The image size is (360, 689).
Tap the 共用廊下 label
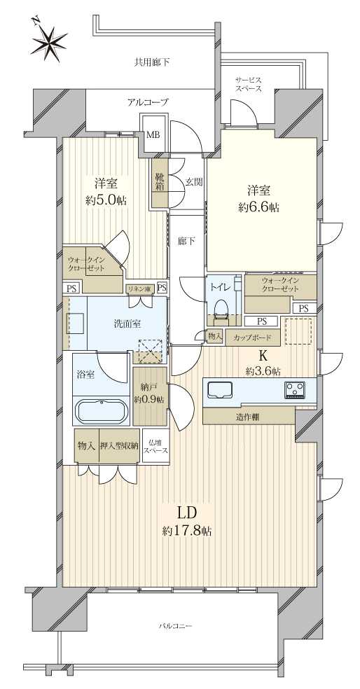(x=151, y=62)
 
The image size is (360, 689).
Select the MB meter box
(x=153, y=134)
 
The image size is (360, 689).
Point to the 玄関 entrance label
(x=193, y=181)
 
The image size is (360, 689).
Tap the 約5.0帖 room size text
(x=106, y=200)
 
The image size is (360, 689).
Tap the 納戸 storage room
(x=150, y=396)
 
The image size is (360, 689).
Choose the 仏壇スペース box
(x=155, y=445)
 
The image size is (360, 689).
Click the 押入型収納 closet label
(x=120, y=445)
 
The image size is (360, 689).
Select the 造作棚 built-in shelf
(x=249, y=416)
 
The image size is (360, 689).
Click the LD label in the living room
(x=186, y=513)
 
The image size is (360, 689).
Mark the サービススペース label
(x=249, y=84)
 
